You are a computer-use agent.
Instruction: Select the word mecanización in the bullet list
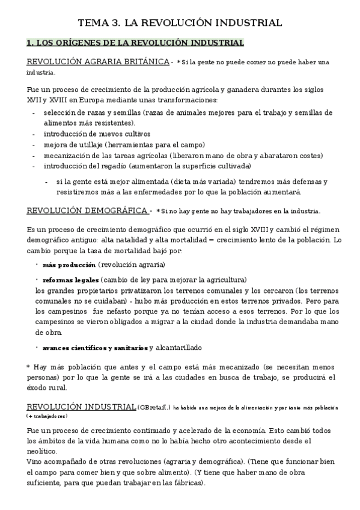click(67, 155)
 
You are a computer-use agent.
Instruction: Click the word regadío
click(110, 165)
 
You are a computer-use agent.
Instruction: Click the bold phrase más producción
click(69, 265)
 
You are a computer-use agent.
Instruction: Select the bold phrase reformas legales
click(71, 280)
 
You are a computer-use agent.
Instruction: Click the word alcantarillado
click(178, 348)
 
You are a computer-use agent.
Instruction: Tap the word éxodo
click(37, 387)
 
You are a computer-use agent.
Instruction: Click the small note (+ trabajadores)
click(47, 416)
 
